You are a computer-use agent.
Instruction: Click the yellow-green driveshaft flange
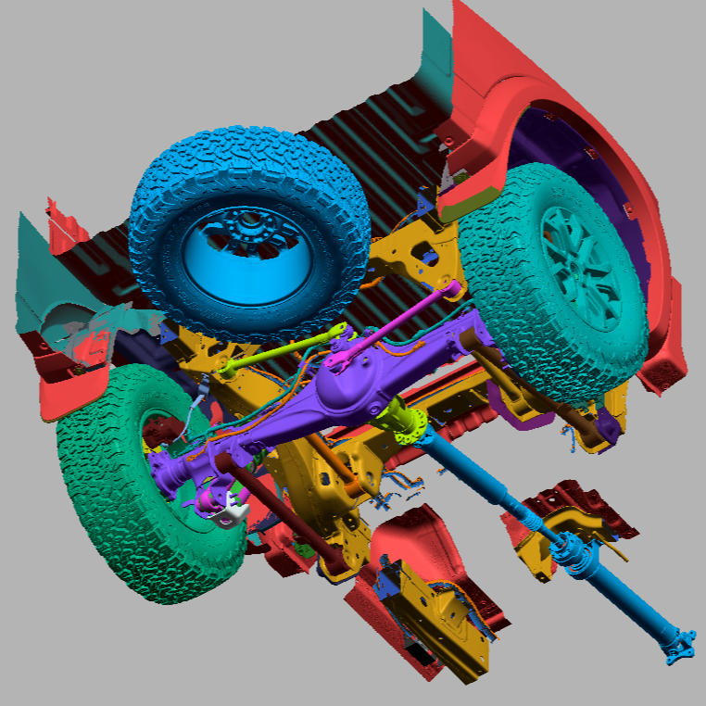[405, 422]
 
